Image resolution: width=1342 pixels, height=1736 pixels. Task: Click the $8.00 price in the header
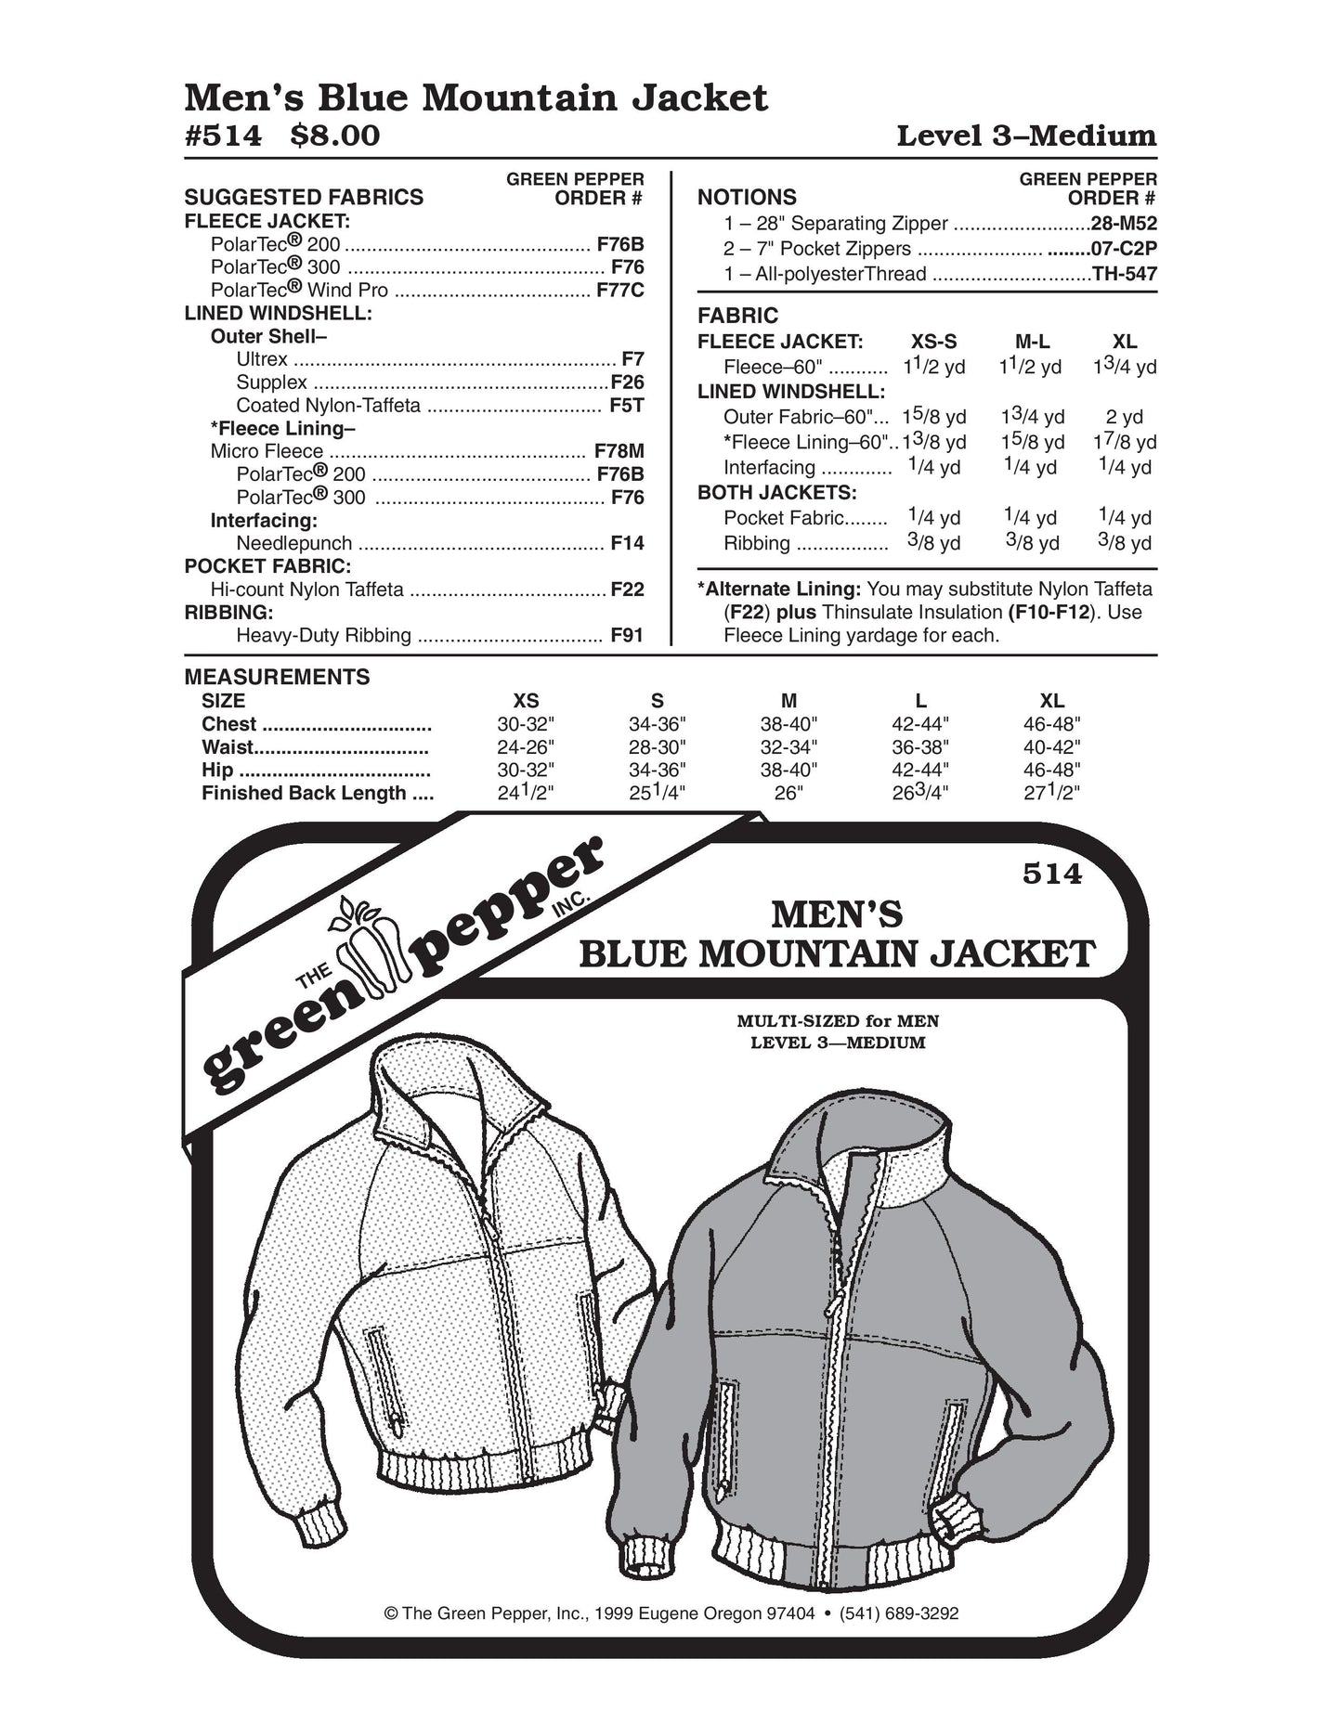coord(335,136)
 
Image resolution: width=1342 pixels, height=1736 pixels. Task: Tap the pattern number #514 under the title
coord(224,136)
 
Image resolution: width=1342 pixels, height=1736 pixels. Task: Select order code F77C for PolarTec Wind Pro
coord(619,291)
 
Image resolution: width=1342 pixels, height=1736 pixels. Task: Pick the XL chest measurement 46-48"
coord(1051,725)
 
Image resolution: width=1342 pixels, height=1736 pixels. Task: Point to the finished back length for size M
coord(788,794)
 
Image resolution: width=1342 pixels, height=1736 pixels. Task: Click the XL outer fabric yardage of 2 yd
coord(1125,417)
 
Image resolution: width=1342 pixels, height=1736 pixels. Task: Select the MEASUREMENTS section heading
coord(277,677)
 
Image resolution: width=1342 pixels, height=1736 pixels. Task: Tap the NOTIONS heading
coord(747,198)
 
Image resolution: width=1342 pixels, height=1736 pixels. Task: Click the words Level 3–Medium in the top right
coord(1025,136)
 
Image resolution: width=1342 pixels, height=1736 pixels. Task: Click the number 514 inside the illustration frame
coord(1052,874)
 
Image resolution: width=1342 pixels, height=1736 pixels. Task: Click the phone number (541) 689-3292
coord(898,1613)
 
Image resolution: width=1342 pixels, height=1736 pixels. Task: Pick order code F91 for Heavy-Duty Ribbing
coord(627,636)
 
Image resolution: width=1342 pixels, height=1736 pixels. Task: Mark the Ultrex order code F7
coord(632,359)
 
